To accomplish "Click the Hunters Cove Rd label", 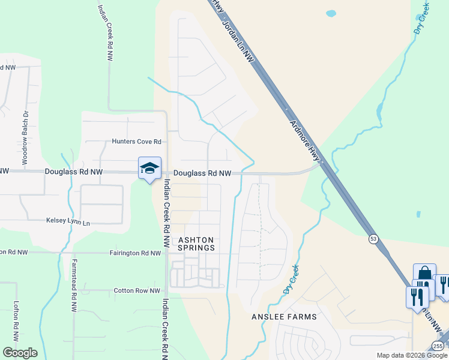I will pyautogui.click(x=137, y=142).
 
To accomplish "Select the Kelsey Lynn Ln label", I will pyautogui.click(x=68, y=222).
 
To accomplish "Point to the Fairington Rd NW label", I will pyautogui.click(x=135, y=253).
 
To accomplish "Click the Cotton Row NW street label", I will pyautogui.click(x=137, y=291).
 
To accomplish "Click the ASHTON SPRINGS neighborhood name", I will pyautogui.click(x=196, y=244).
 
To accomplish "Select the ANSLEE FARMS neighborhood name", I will pyautogui.click(x=285, y=316).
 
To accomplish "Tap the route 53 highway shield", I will pyautogui.click(x=373, y=239).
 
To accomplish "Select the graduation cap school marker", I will pyautogui.click(x=149, y=169).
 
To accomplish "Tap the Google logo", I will pyautogui.click(x=20, y=353).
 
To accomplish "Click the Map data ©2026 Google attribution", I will pyautogui.click(x=412, y=356).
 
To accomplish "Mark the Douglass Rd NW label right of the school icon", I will pyautogui.click(x=202, y=173).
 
